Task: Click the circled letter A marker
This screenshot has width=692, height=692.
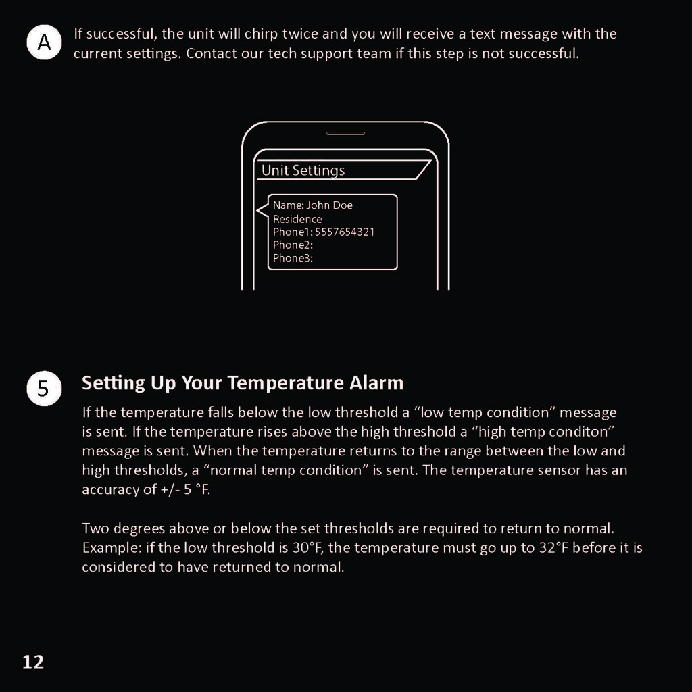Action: point(44,43)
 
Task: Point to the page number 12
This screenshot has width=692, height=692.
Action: point(32,662)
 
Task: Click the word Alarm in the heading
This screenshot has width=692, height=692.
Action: point(376,383)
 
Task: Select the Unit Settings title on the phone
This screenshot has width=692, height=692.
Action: point(303,170)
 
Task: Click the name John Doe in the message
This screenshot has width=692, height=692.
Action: point(329,205)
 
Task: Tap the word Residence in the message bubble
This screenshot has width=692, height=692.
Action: point(297,219)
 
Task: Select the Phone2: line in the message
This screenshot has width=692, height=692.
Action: point(293,245)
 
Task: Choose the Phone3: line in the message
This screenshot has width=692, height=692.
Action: point(293,258)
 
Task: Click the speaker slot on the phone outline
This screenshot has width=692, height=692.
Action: point(345,133)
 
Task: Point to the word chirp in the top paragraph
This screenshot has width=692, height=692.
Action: point(261,34)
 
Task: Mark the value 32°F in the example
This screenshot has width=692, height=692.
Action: point(554,547)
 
